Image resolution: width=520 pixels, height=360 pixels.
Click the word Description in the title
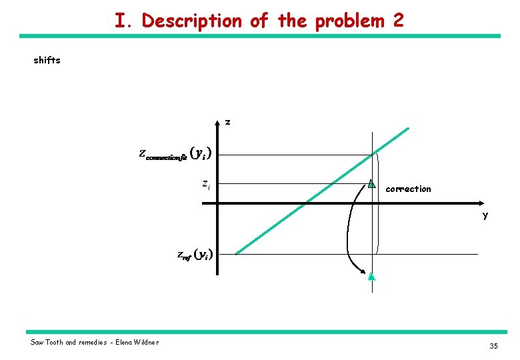coord(193,21)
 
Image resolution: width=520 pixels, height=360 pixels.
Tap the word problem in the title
coord(349,21)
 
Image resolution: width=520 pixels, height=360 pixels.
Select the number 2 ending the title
coord(398,21)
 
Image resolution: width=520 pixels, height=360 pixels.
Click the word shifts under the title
coord(47,60)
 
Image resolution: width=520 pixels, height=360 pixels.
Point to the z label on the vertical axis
coord(228,122)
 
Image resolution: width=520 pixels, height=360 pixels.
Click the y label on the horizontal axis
coord(485,215)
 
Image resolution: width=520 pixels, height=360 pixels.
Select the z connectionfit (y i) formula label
coord(175,154)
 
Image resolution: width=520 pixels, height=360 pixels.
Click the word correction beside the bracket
coord(408,189)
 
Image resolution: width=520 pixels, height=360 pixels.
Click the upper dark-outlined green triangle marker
coord(371,183)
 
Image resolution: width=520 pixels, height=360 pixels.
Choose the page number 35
coord(493,345)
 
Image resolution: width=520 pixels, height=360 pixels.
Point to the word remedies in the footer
coord(92,343)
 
